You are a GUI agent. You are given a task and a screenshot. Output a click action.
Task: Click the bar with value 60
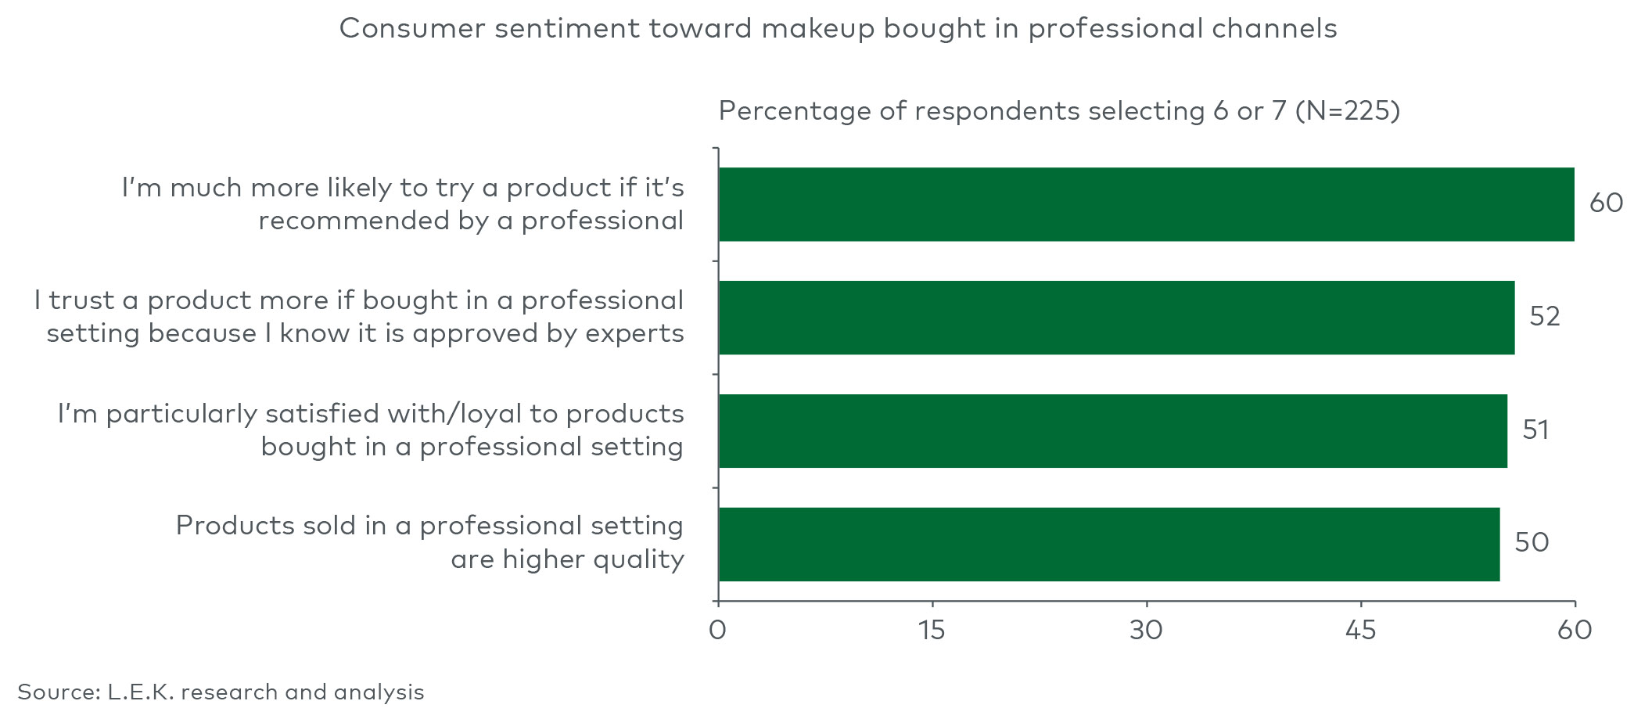pyautogui.click(x=1146, y=204)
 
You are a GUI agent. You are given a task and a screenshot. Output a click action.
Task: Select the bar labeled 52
pyautogui.click(x=1116, y=318)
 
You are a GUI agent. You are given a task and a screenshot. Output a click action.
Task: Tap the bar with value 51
pyautogui.click(x=1112, y=431)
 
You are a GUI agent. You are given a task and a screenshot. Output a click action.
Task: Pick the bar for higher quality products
pyautogui.click(x=1108, y=545)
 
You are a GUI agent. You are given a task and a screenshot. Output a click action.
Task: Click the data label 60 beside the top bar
pyautogui.click(x=1606, y=203)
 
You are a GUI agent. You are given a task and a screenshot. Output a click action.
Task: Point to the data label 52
pyautogui.click(x=1545, y=317)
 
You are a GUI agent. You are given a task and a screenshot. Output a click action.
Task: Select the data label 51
pyautogui.click(x=1535, y=430)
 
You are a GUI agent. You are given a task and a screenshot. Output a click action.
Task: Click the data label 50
pyautogui.click(x=1532, y=543)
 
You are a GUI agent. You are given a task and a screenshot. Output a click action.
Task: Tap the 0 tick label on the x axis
pyautogui.click(x=717, y=631)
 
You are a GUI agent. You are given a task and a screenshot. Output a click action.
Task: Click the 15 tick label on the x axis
pyautogui.click(x=932, y=631)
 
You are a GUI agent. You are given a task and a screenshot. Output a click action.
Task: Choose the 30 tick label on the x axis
pyautogui.click(x=1146, y=631)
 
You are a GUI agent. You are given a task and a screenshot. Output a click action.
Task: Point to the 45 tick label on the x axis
pyautogui.click(x=1360, y=631)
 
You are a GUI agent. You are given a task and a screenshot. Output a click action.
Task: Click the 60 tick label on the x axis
pyautogui.click(x=1575, y=631)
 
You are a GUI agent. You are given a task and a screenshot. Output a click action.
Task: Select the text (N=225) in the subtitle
pyautogui.click(x=1347, y=111)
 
